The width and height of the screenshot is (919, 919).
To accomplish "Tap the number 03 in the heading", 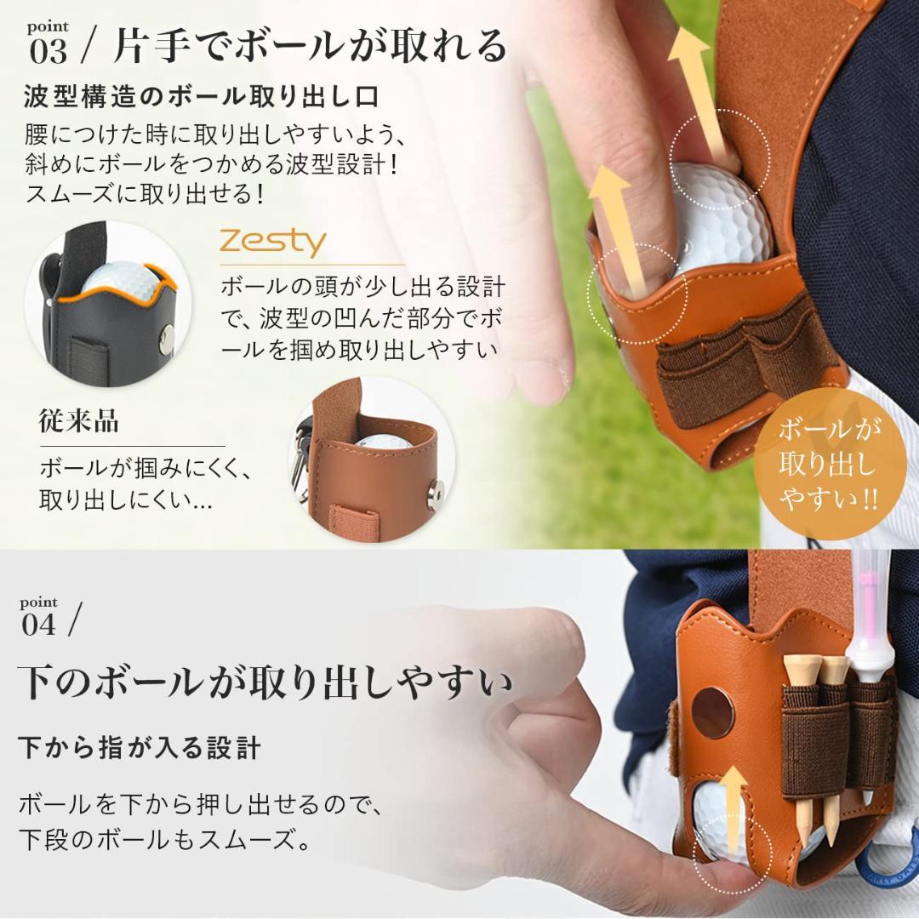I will pos(48,52).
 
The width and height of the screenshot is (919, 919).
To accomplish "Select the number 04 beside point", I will pos(39,626).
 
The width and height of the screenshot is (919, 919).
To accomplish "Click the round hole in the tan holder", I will pos(713,711).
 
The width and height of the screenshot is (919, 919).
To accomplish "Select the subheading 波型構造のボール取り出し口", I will pos(201,95).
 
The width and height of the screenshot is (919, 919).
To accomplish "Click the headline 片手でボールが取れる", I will pos(311,46).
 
